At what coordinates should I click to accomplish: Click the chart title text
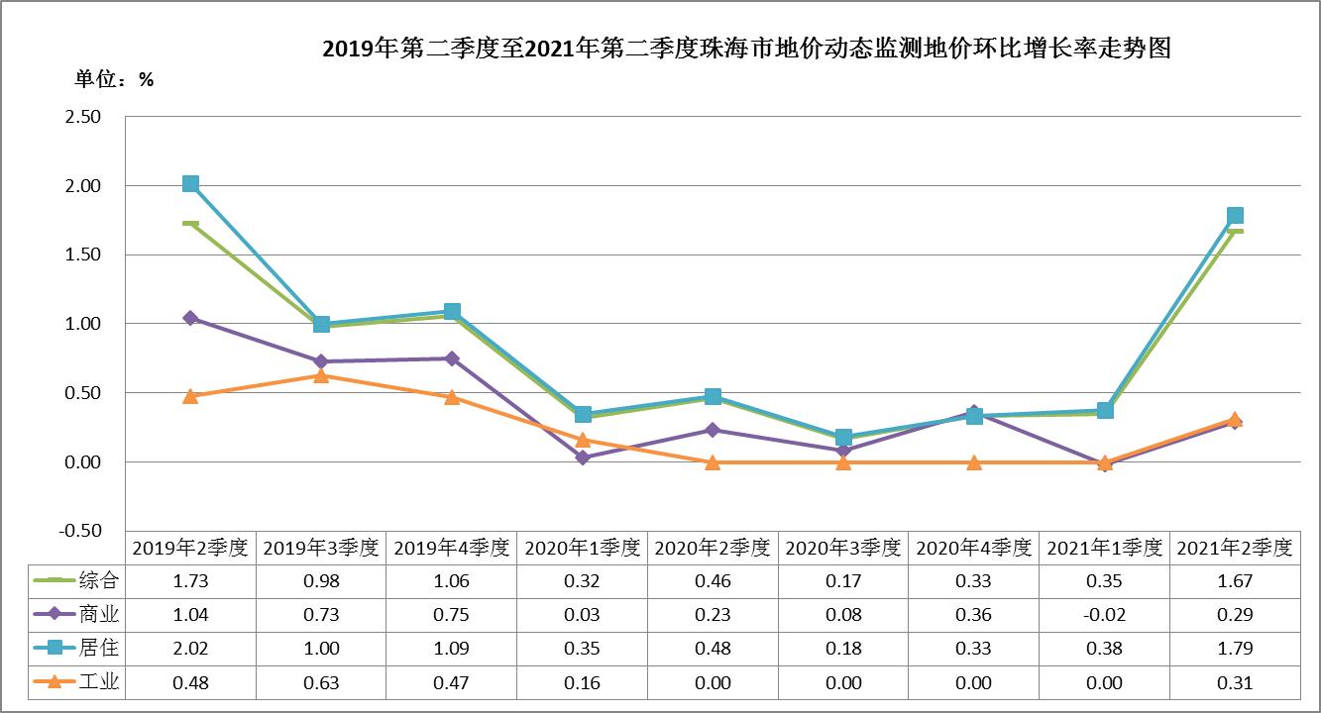click(x=747, y=49)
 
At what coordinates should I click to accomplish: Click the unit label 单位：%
click(x=115, y=79)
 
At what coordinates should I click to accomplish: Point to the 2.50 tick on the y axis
click(x=82, y=117)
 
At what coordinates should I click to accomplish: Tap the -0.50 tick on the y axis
click(x=80, y=531)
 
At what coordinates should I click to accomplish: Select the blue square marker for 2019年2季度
click(x=190, y=183)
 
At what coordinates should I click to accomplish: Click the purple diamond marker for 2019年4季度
click(x=452, y=358)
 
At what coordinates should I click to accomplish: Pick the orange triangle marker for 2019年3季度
click(x=321, y=375)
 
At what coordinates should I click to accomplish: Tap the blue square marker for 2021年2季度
click(x=1235, y=216)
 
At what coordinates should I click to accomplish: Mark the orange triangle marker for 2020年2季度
click(x=713, y=462)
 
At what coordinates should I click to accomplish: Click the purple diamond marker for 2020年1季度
click(x=583, y=458)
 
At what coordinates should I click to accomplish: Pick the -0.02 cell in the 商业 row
click(x=1104, y=615)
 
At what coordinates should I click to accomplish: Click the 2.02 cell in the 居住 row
click(x=190, y=649)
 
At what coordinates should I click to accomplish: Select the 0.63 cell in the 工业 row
click(x=321, y=682)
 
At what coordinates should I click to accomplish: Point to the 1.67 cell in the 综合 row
click(x=1235, y=581)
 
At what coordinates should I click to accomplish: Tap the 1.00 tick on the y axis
click(x=82, y=324)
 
